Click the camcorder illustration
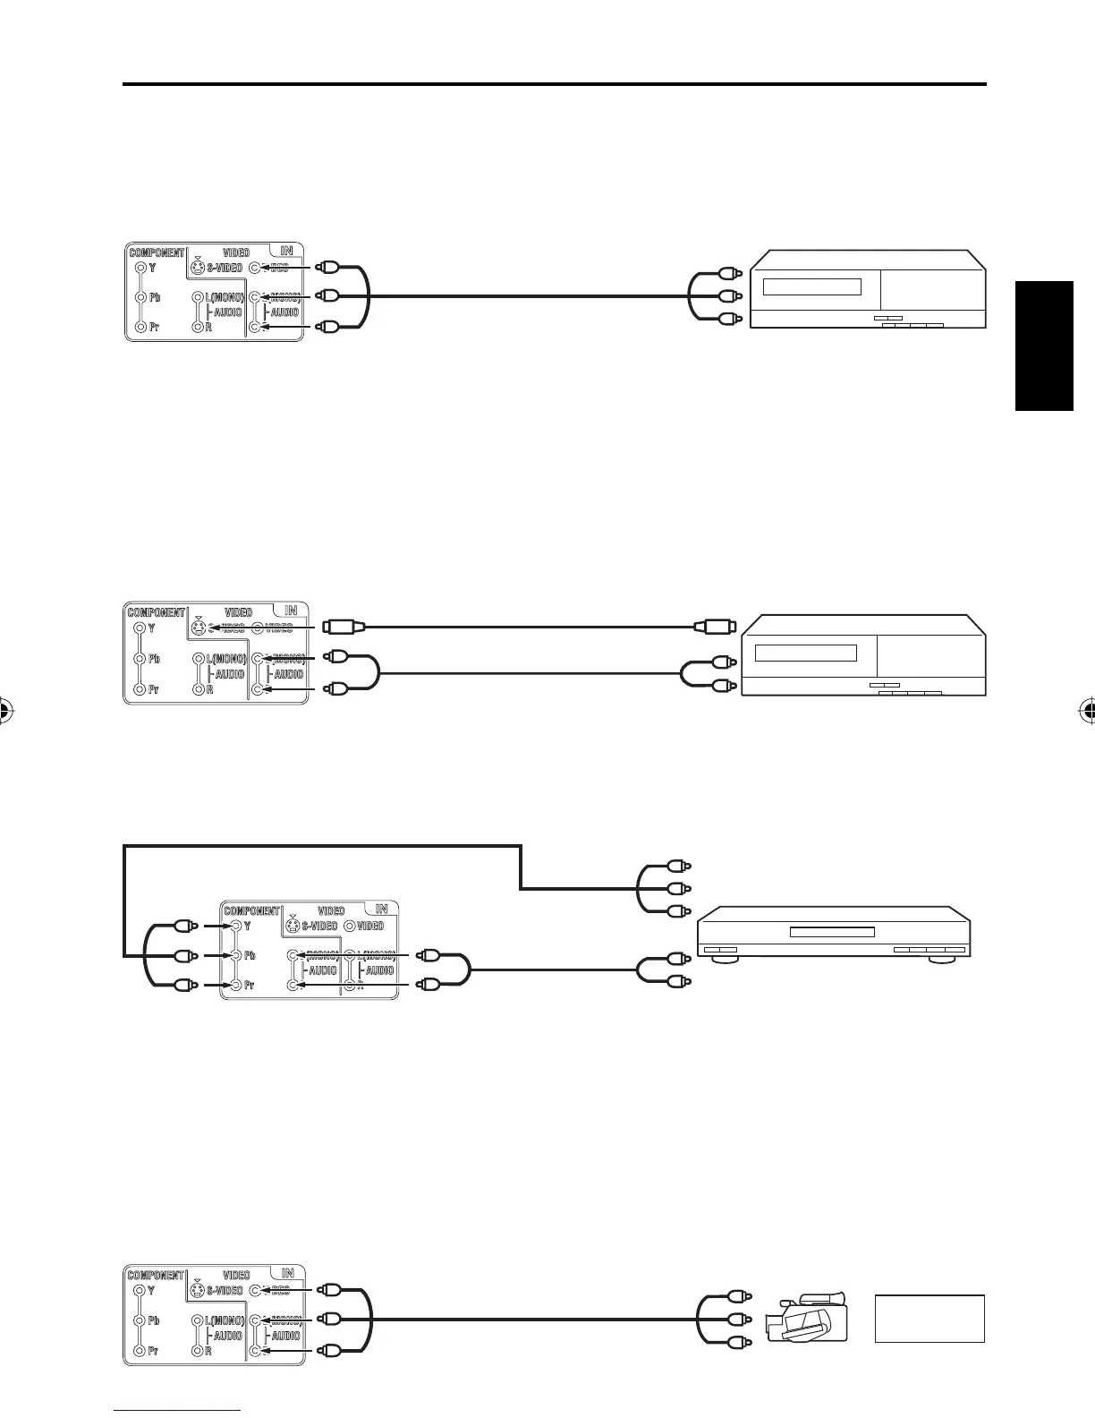click(x=806, y=1318)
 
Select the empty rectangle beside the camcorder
click(x=929, y=1318)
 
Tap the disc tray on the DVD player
click(x=831, y=932)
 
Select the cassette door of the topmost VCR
click(x=811, y=287)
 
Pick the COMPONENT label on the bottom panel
click(x=156, y=1275)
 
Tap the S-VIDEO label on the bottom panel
click(x=225, y=1291)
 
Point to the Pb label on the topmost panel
click(x=155, y=297)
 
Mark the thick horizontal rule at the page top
click(x=555, y=85)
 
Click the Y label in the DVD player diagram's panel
click(x=247, y=926)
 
